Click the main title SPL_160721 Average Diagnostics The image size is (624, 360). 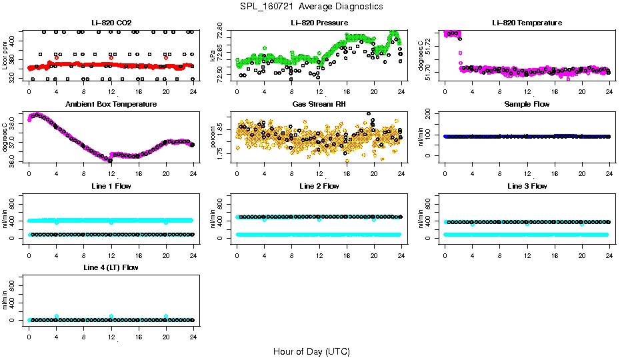pos(312,6)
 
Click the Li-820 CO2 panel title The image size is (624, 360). pos(111,23)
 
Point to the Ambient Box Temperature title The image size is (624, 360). pos(111,105)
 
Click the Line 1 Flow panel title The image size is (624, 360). pos(111,186)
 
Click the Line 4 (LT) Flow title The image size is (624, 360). pos(111,267)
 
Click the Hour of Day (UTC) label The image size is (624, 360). pos(311,351)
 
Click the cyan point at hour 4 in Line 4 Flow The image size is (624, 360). pos(57,316)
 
